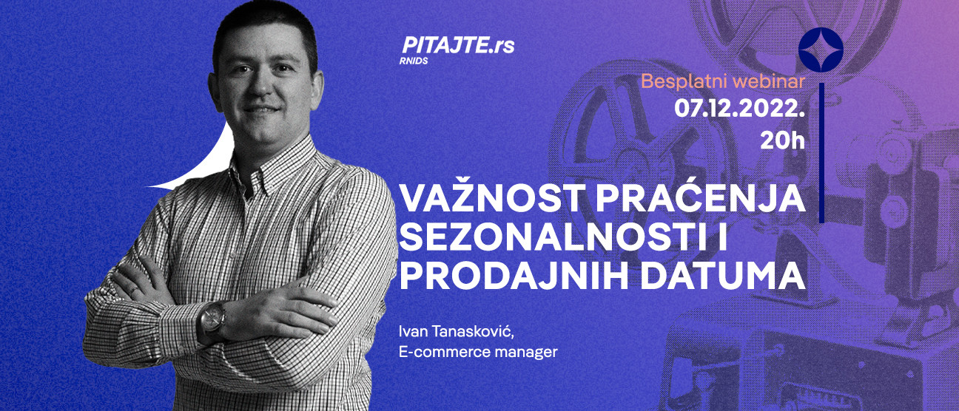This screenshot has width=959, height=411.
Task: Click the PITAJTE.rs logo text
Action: (x=457, y=46)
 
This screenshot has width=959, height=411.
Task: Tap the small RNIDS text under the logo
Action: (x=413, y=61)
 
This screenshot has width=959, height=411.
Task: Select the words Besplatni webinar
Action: (x=722, y=81)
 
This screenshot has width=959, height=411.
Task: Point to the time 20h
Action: (x=782, y=140)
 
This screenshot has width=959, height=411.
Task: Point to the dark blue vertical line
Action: (x=821, y=155)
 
